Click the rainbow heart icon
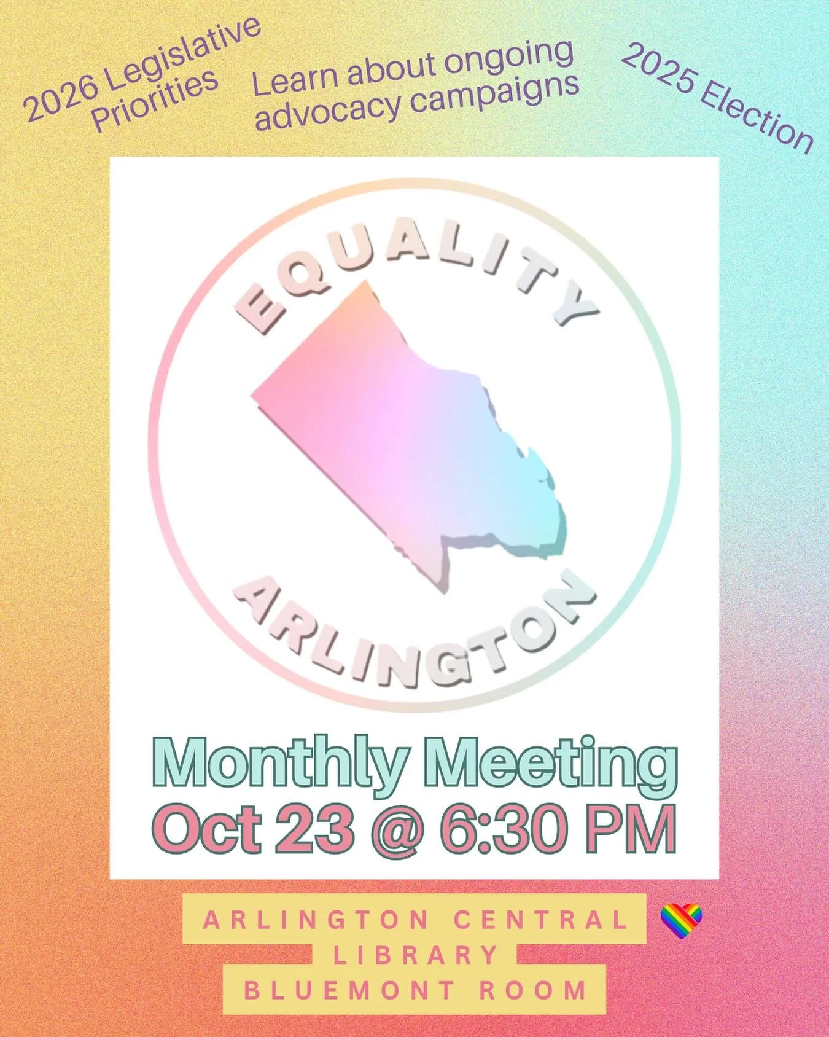click(x=681, y=922)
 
